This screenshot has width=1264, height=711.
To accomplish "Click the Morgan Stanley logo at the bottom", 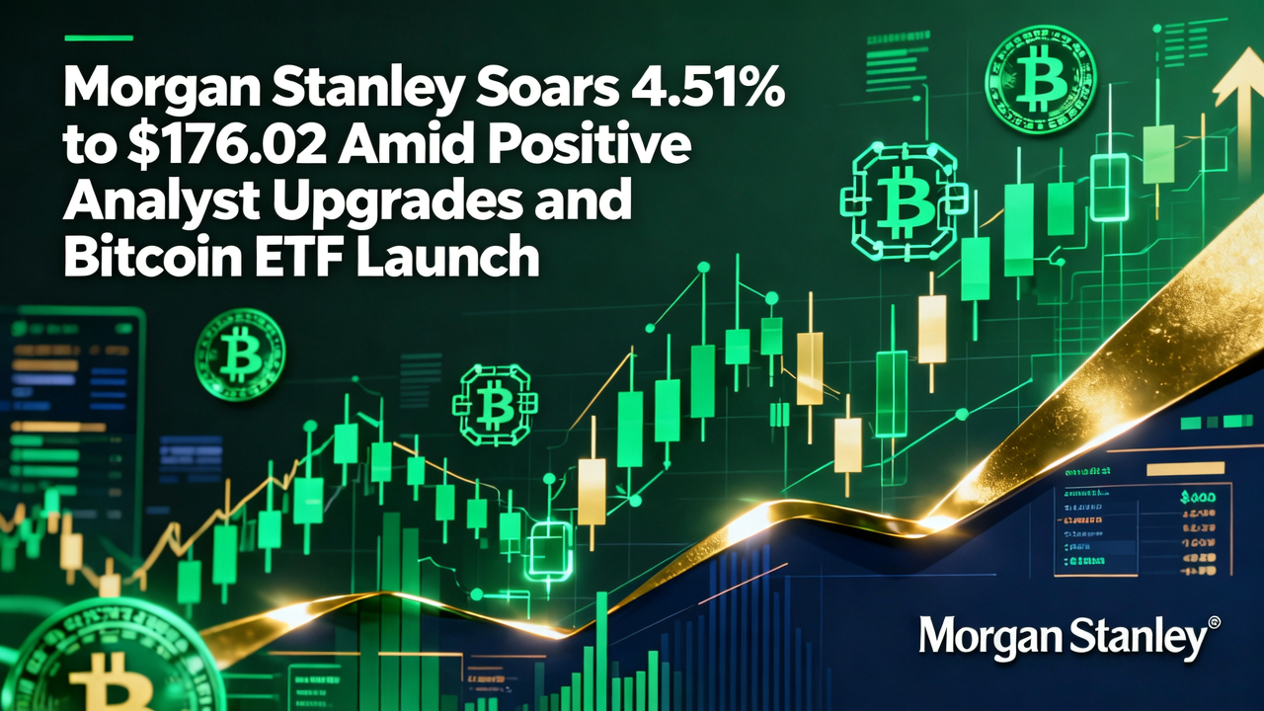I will coord(1062,638).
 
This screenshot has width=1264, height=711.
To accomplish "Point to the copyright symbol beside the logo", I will coord(1215,624).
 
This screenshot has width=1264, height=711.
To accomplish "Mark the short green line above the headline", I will coord(98,38).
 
